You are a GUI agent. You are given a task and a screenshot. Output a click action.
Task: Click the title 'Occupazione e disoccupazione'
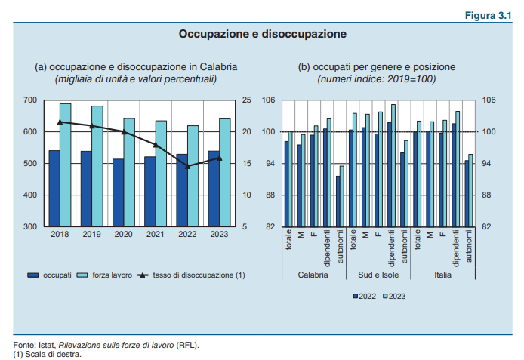[x=262, y=34]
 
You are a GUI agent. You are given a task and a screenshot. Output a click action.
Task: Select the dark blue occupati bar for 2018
[x=54, y=188]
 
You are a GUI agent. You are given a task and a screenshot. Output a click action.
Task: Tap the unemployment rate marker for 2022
[x=187, y=166]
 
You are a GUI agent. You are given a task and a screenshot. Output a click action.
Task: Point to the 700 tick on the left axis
[x=30, y=100]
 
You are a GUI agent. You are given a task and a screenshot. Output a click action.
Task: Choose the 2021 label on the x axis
[x=156, y=235]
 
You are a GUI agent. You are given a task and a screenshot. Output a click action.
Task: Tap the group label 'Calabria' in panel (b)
[x=312, y=275]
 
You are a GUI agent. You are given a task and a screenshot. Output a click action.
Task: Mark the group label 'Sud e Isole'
[x=378, y=275]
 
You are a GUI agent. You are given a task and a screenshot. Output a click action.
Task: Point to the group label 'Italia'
[x=442, y=275]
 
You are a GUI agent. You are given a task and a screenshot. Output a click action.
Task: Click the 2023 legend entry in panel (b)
[x=396, y=296]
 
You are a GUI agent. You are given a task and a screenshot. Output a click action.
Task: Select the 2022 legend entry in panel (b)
[x=365, y=296]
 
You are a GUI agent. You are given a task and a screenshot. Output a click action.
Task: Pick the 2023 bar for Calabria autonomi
[x=341, y=196]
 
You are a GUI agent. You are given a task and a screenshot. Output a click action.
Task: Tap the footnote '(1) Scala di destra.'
[x=47, y=352]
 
